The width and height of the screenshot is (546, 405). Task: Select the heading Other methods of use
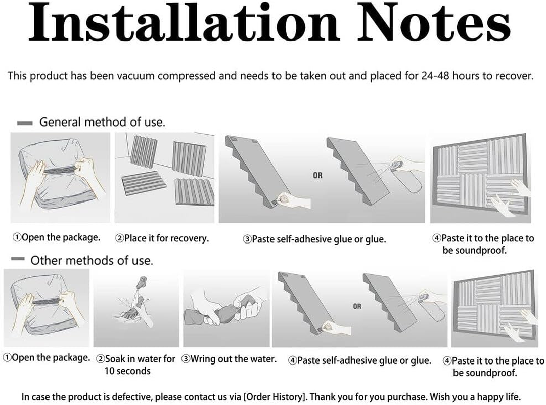[x=92, y=261]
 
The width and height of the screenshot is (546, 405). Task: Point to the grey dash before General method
[x=25, y=123]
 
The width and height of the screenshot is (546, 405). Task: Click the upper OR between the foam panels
[x=317, y=176]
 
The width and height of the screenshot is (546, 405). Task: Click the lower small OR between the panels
[x=357, y=306]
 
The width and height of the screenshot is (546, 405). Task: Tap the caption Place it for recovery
[x=162, y=238]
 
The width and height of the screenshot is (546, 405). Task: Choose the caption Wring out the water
[x=229, y=359]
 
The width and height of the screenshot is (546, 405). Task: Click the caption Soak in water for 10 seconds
[x=136, y=364]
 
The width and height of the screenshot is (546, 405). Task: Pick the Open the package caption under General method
[x=56, y=237]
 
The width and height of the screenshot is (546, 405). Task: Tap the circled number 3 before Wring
[x=186, y=359]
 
